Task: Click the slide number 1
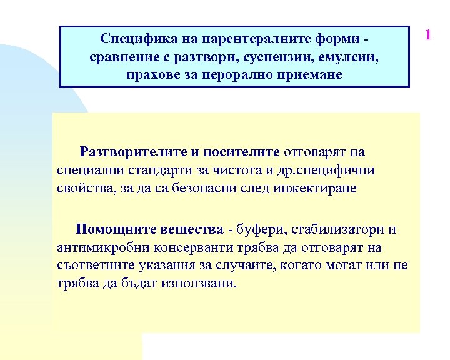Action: pyautogui.click(x=428, y=35)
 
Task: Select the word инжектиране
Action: pyautogui.click(x=314, y=188)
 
